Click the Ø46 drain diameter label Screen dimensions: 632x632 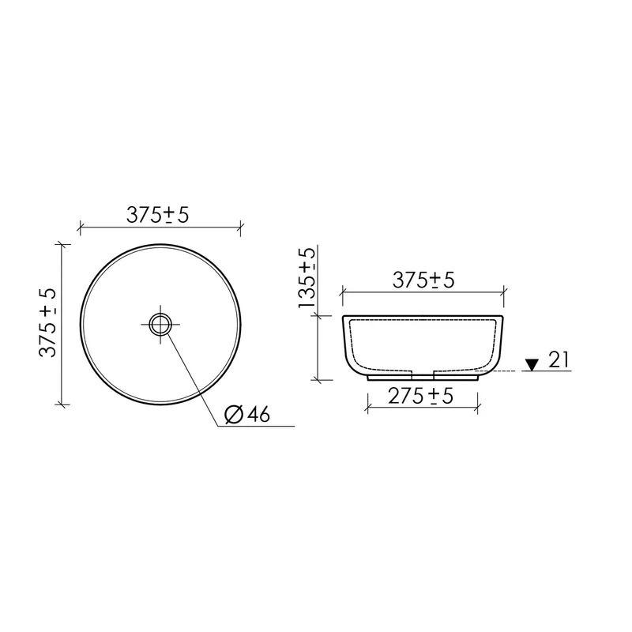[247, 414]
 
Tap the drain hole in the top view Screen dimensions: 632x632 [160, 325]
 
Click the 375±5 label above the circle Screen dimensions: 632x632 [157, 215]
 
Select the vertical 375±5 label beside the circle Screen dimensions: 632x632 [48, 323]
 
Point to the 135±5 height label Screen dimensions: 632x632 [307, 278]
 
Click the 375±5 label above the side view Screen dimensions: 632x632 [423, 280]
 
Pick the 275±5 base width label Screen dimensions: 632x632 [421, 397]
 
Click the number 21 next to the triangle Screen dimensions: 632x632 [559, 359]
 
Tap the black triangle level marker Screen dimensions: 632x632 [532, 365]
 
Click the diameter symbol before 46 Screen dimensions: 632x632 [234, 415]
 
